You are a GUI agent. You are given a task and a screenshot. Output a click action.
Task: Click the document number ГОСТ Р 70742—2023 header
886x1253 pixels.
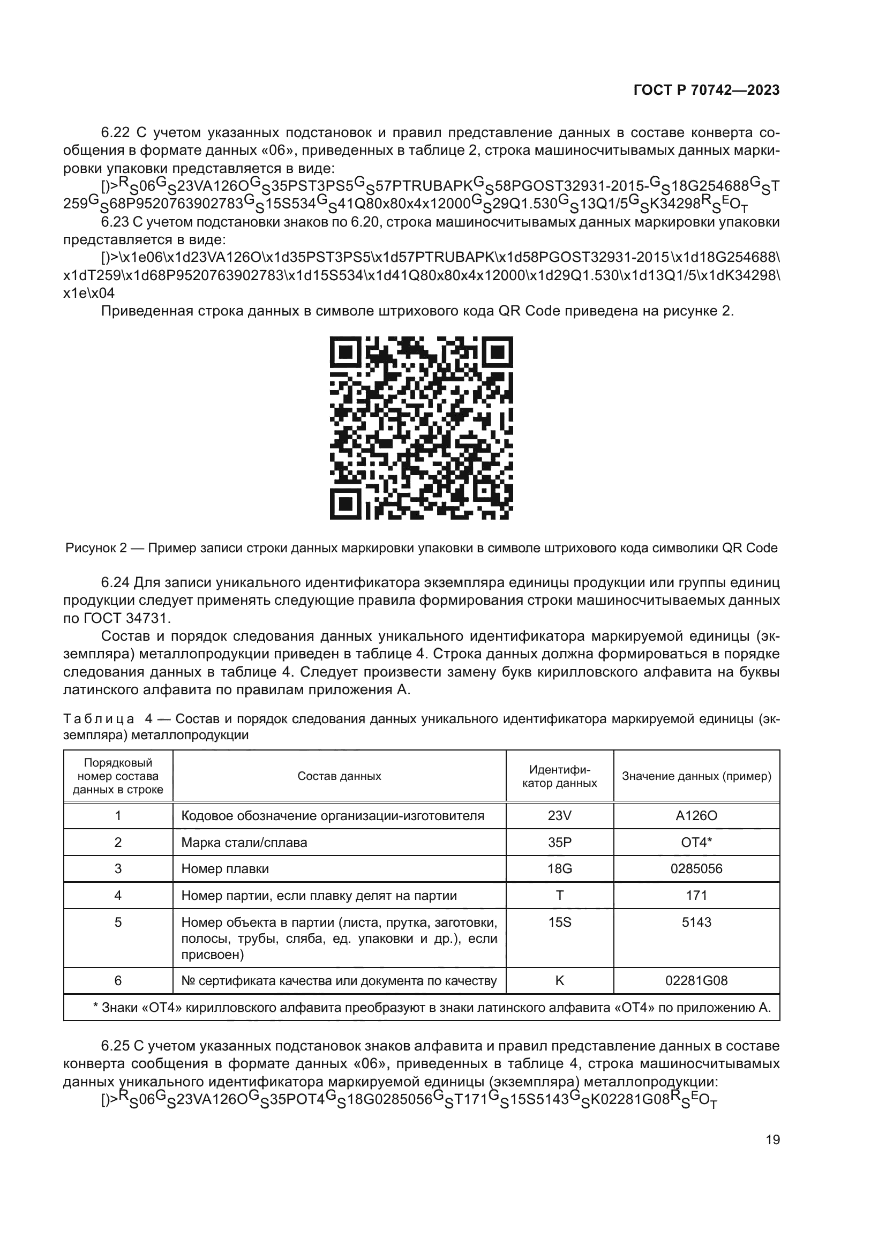coord(707,91)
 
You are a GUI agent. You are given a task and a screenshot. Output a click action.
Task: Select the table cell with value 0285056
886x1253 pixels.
coord(696,868)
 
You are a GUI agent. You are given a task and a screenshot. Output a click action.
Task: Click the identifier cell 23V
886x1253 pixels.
coord(559,815)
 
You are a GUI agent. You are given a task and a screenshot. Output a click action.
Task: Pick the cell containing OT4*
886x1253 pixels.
coord(696,842)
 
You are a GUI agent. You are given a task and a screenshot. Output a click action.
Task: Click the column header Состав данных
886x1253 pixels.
coord(339,776)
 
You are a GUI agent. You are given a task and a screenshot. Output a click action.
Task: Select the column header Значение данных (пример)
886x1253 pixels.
coord(696,776)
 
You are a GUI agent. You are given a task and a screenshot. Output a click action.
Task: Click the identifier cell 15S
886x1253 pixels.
coord(559,922)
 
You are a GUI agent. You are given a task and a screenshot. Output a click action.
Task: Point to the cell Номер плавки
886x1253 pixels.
coord(225,868)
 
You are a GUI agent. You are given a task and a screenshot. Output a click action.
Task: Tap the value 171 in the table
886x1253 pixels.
coord(696,895)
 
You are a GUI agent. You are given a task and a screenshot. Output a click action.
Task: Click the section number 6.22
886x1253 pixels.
coord(115,133)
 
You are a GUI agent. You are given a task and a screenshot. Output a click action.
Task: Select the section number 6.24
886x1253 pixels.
coord(115,582)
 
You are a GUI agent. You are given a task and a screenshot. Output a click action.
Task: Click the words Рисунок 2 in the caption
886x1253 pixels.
coord(95,548)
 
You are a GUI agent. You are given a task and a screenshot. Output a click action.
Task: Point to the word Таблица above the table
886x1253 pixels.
coord(98,719)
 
